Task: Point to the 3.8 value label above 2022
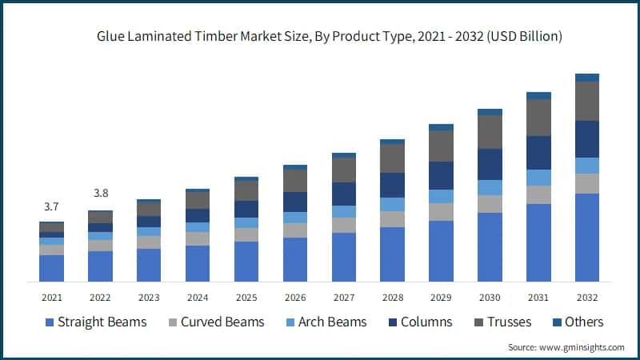click(100, 193)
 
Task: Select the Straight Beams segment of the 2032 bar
click(587, 238)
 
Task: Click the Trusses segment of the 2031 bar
click(538, 118)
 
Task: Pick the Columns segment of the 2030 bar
click(490, 164)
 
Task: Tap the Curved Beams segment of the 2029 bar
click(441, 212)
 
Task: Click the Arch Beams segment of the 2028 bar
click(392, 204)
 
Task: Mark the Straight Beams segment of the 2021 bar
click(51, 268)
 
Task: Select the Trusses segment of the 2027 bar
click(343, 170)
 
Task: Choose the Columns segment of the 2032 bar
click(587, 139)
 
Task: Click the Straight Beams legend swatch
click(50, 322)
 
